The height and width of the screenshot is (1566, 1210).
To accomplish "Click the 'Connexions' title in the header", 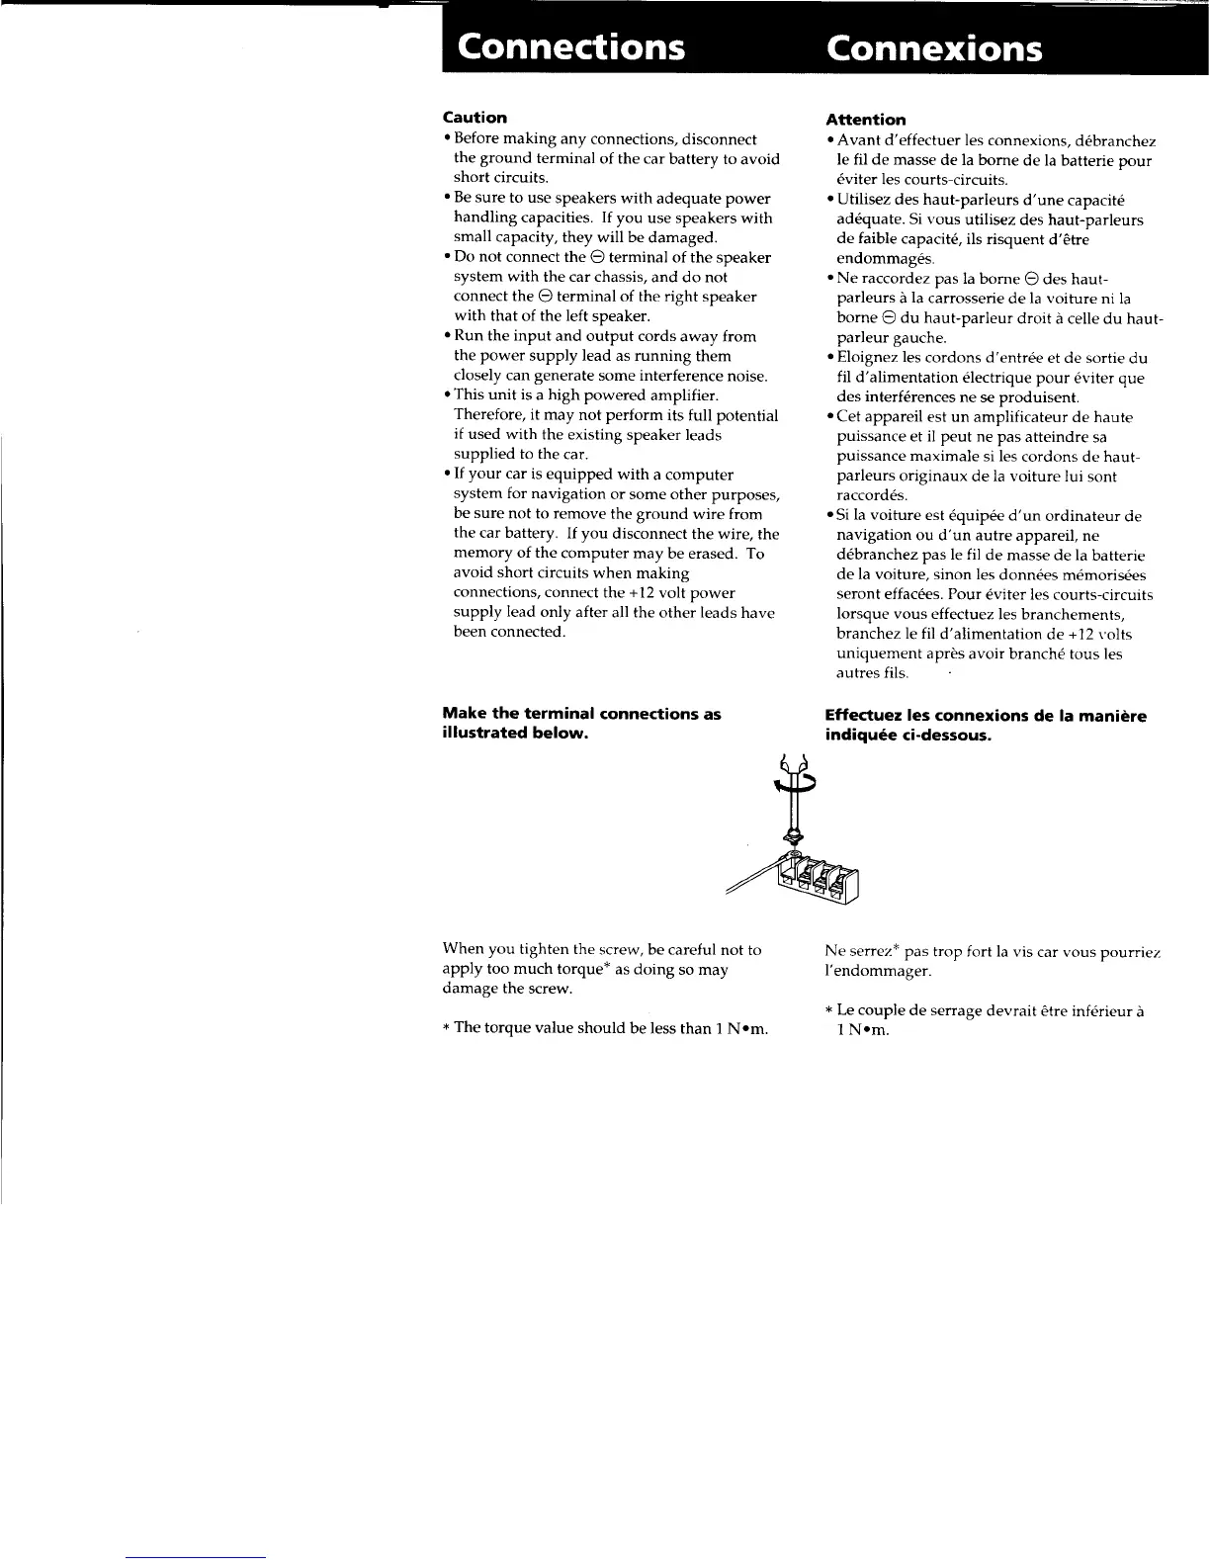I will (x=934, y=47).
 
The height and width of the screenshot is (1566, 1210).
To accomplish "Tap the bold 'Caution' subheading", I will (x=475, y=118).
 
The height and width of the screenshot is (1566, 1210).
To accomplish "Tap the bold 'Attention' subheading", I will (x=866, y=120).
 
